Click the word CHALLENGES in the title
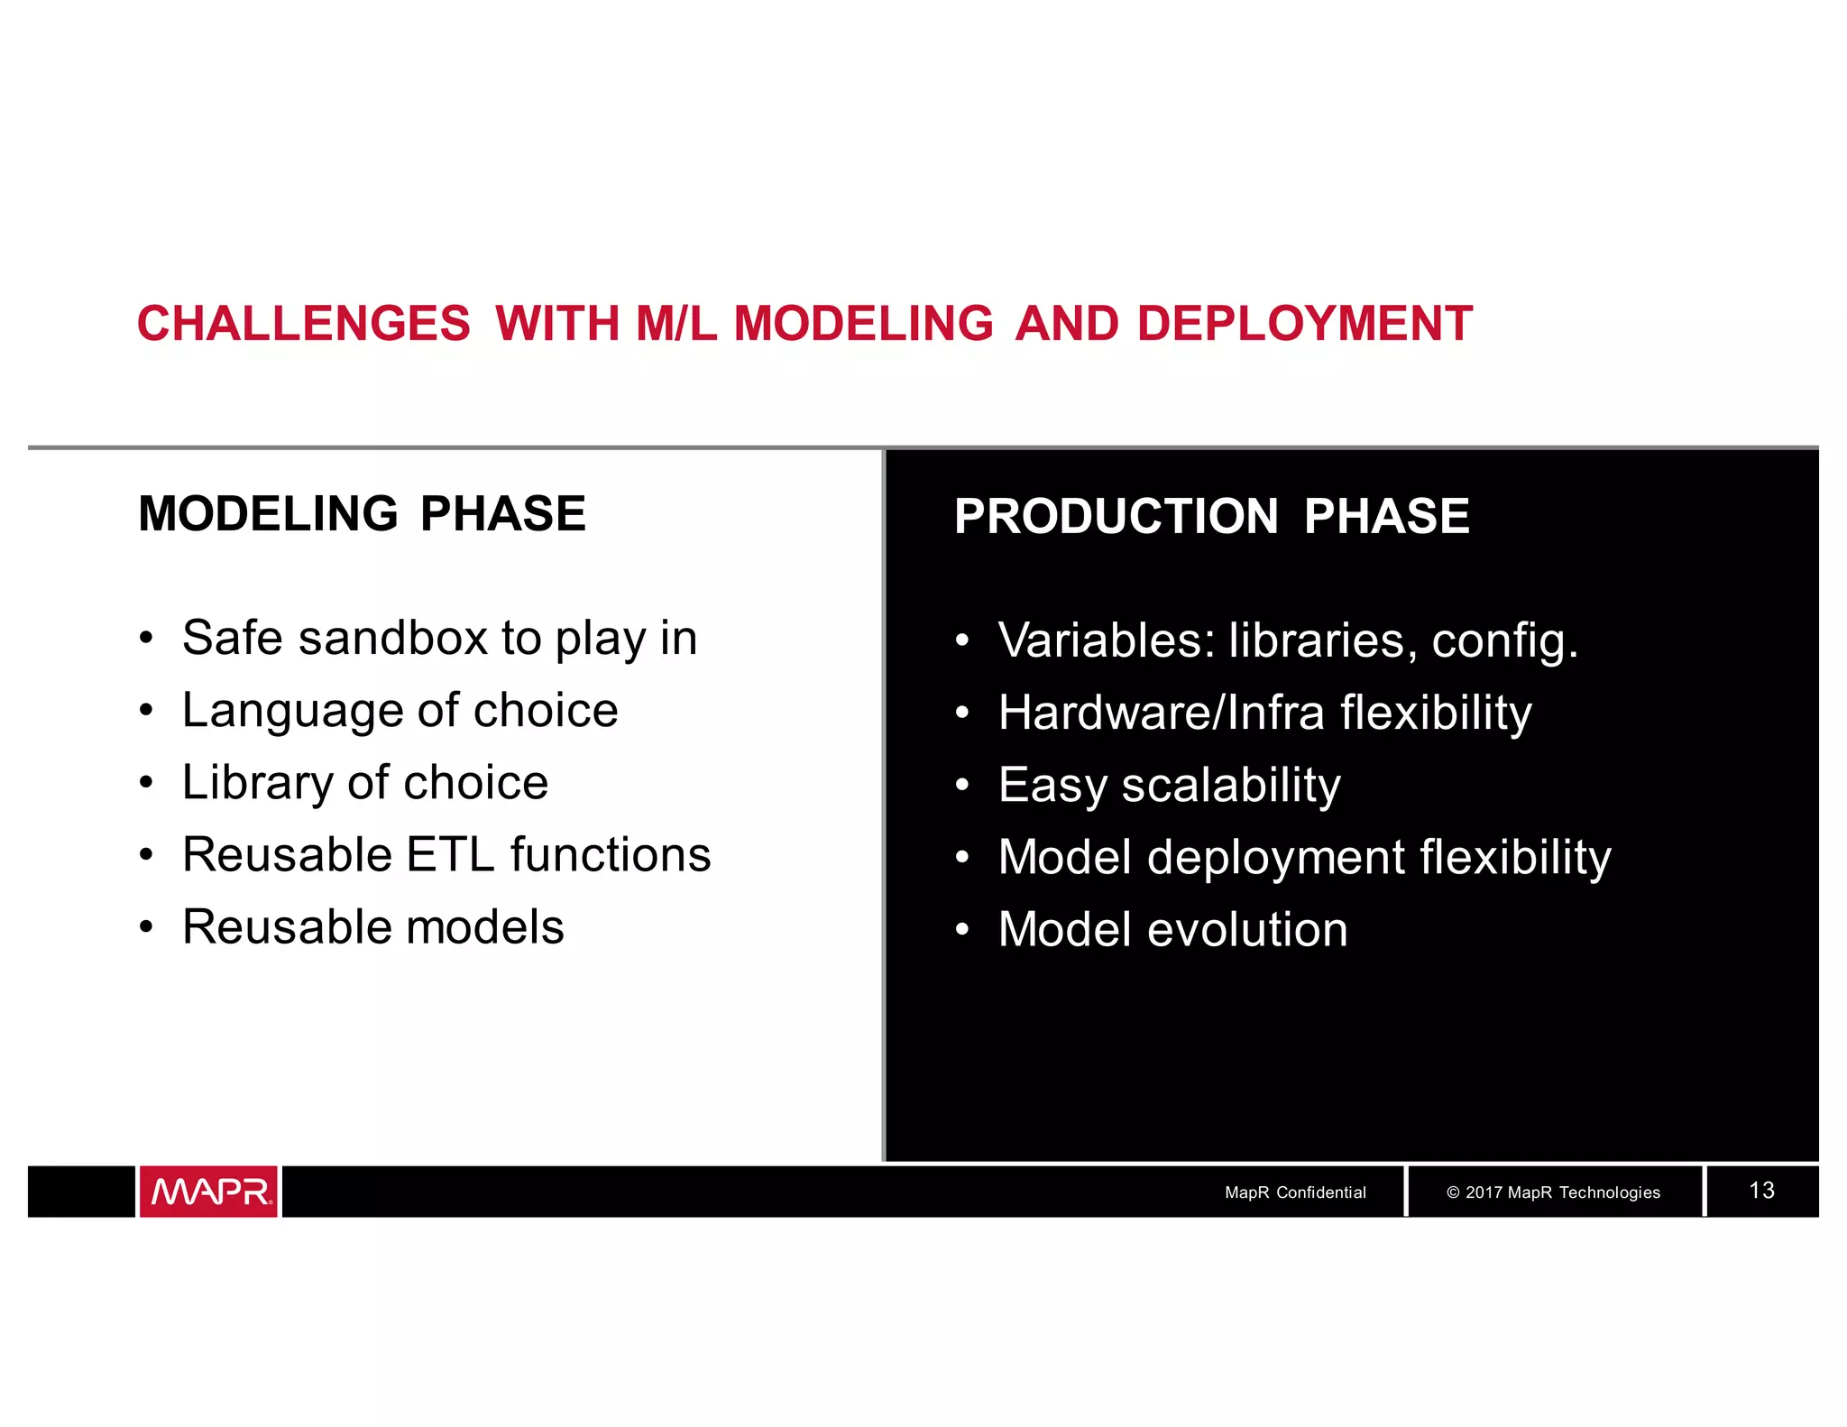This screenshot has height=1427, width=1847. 303,324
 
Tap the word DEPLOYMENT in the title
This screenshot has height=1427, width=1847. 1304,324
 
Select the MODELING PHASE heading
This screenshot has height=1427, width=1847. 362,514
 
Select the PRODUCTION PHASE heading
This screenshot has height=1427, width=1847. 1211,517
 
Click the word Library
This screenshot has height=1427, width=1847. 257,783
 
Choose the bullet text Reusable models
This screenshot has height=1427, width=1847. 372,927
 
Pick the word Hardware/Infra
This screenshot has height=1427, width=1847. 1161,713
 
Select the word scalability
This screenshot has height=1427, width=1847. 1230,785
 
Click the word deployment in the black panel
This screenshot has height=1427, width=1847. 1275,857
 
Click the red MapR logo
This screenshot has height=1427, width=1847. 208,1192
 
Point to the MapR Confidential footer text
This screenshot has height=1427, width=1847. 1294,1192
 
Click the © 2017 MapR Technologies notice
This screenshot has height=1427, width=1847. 1552,1192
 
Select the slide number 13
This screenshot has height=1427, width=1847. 1760,1191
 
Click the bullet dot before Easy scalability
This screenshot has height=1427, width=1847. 961,786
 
